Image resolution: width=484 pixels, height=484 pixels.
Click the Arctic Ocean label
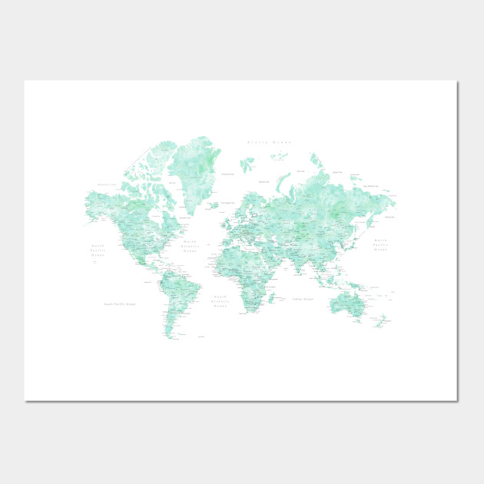pos(270,142)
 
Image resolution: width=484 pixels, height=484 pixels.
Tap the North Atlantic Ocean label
pos(191,245)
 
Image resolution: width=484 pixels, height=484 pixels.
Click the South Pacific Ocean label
pos(119,303)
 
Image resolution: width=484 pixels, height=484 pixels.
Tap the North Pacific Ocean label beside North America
pos(98,249)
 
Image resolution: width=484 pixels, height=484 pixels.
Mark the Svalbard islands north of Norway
pos(247,164)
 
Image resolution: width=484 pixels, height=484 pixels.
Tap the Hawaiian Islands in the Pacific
pos(93,262)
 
